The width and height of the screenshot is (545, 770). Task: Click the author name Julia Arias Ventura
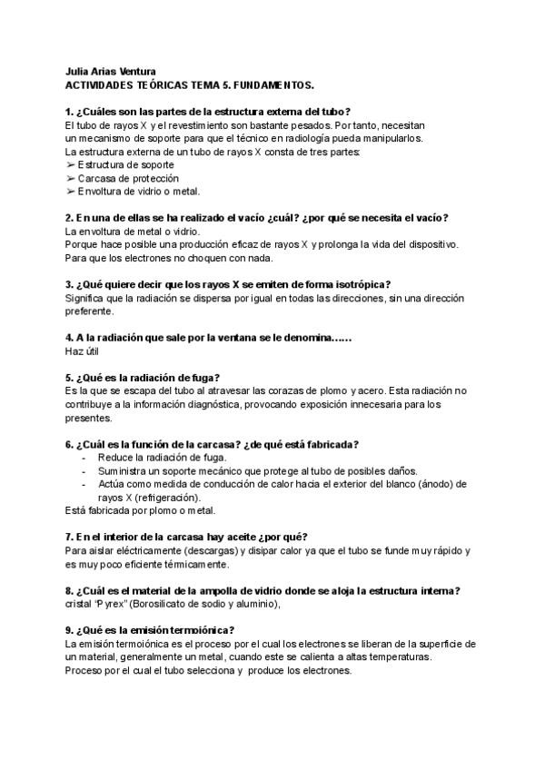[x=111, y=72]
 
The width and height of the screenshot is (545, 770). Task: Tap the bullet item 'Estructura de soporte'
[x=125, y=164]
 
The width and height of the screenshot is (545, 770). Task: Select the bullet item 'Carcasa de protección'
[x=128, y=178]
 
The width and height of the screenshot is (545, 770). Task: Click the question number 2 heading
[x=257, y=218]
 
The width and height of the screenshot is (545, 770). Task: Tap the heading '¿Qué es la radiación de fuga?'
[x=146, y=377]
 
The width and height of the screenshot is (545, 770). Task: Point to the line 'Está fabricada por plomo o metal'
[x=141, y=510]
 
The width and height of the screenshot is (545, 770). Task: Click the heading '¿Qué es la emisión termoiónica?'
[x=150, y=630]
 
